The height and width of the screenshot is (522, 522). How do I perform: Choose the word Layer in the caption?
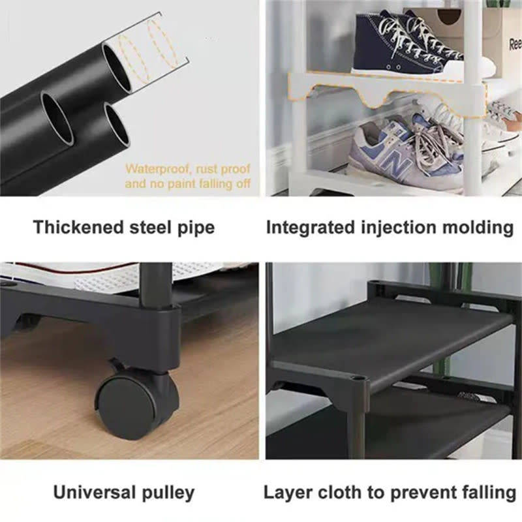click(284, 491)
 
